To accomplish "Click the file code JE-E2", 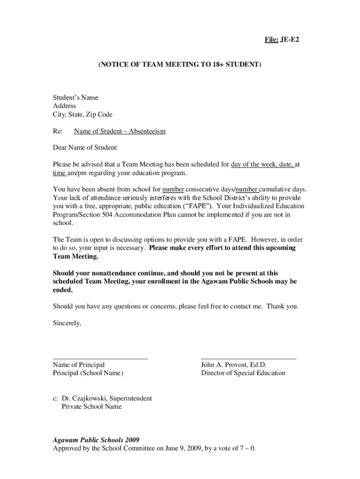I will [289, 40].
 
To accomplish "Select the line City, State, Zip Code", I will [82, 115].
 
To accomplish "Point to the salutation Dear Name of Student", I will [85, 148].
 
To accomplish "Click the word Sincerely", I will [67, 323].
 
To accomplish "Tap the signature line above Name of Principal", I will [101, 358].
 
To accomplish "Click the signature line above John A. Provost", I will [248, 358].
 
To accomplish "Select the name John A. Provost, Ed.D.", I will [233, 365].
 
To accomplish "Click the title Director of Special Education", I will [243, 373].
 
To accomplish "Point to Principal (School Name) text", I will [88, 373].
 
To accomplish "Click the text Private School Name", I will [92, 407].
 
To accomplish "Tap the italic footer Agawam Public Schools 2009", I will [96, 440].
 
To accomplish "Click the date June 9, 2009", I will [192, 449].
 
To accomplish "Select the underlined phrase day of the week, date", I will [262, 165].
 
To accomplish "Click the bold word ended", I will [63, 290].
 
